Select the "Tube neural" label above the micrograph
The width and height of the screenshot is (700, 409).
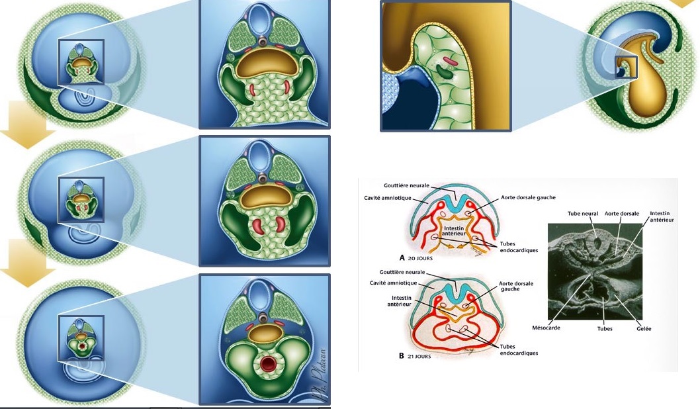[584, 213]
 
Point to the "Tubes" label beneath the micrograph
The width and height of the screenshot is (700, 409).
[604, 328]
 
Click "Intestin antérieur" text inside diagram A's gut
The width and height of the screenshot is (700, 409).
[453, 231]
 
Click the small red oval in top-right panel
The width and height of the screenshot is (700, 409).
[450, 63]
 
